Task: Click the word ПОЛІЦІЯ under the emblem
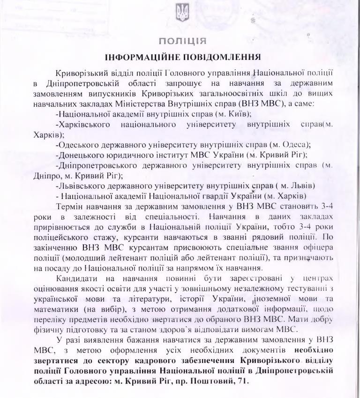tap(180, 41)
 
